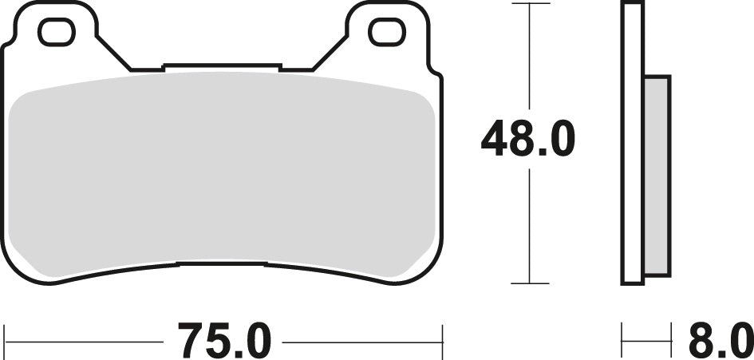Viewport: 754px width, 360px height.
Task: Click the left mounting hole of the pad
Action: pos(57,31)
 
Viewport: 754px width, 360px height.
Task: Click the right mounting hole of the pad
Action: pos(387,31)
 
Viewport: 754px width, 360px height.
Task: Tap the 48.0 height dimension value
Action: pos(527,140)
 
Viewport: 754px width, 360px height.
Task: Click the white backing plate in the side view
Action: pos(632,144)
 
